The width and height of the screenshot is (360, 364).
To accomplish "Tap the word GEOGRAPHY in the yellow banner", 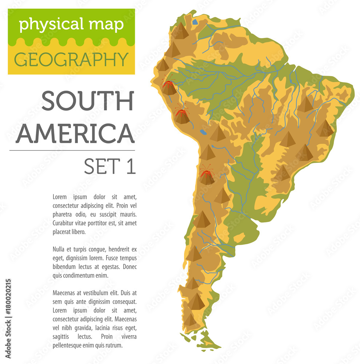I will [x=71, y=59].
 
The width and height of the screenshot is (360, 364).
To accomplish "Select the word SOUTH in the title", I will [x=88, y=102].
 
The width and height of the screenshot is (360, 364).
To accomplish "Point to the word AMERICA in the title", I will [x=75, y=134].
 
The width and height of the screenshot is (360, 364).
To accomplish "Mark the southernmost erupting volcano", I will [x=207, y=176].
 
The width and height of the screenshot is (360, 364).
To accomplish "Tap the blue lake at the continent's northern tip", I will [x=195, y=22].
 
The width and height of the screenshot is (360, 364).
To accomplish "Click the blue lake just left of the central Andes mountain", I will [x=203, y=132].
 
